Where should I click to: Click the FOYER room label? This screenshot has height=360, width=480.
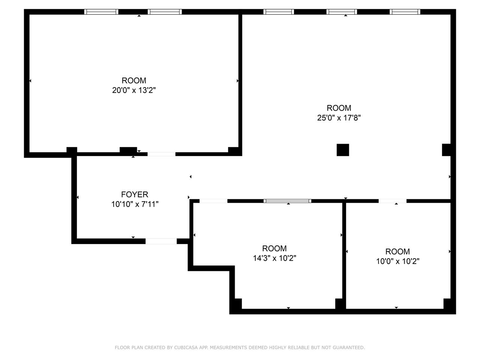click(x=135, y=194)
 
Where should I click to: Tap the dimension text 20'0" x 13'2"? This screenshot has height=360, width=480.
click(x=134, y=90)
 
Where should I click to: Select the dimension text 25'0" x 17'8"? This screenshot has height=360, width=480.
click(x=339, y=118)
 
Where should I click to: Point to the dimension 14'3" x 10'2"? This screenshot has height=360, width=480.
click(x=274, y=258)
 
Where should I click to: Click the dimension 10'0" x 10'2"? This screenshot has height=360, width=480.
click(x=397, y=261)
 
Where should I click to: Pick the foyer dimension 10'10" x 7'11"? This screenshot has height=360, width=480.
click(x=135, y=204)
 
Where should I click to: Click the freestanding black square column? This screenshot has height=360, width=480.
click(x=343, y=150)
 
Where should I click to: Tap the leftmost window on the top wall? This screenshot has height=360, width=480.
click(x=101, y=12)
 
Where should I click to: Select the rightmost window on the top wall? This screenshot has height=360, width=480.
click(x=405, y=12)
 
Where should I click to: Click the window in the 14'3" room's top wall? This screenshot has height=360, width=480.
click(x=288, y=201)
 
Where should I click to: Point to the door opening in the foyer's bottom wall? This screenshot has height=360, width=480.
click(x=161, y=241)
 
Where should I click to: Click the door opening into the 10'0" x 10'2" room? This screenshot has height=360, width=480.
click(x=392, y=201)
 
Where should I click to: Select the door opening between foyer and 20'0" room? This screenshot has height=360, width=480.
click(x=161, y=154)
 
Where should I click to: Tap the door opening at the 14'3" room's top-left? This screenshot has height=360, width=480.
click(x=213, y=201)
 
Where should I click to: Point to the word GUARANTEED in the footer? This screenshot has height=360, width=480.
click(x=348, y=348)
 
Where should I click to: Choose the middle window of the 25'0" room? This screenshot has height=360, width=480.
click(x=342, y=12)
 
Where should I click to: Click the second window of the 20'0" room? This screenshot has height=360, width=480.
click(x=165, y=12)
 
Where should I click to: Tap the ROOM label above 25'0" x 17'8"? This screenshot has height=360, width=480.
click(x=339, y=108)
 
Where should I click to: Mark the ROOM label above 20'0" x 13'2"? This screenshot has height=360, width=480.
click(x=134, y=80)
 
